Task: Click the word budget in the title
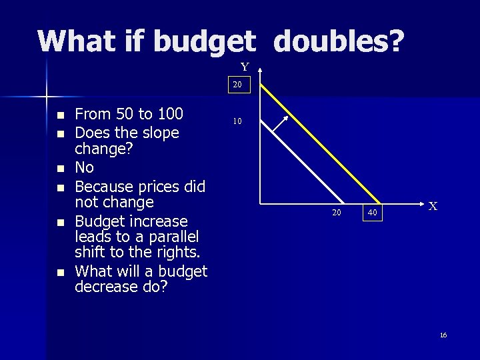tap(203, 41)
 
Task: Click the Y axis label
tap(245, 67)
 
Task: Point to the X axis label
tap(433, 207)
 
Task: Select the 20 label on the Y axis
tap(237, 85)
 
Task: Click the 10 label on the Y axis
tap(237, 122)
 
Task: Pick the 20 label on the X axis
tap(337, 213)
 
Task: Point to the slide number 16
tap(443, 335)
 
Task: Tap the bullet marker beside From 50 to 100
tap(61, 115)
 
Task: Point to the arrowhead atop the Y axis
tap(260, 68)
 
